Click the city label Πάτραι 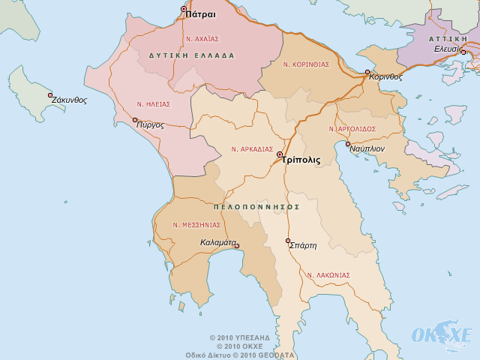200,14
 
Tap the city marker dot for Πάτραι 184,9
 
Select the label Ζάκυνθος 70,100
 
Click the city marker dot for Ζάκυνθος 50,95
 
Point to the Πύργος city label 150,124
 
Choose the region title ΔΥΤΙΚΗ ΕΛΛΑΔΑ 192,55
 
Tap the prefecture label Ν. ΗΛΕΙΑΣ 154,104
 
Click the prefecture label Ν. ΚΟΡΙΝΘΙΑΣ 306,64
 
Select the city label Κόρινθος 386,76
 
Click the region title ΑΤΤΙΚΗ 448,37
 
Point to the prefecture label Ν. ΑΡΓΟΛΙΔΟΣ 352,129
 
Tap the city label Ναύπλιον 367,148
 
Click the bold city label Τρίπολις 301,160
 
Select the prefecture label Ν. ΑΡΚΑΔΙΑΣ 252,149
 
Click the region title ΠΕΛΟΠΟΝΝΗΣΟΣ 256,206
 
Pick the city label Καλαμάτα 218,243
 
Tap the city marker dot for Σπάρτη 288,241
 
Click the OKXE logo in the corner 442,334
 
